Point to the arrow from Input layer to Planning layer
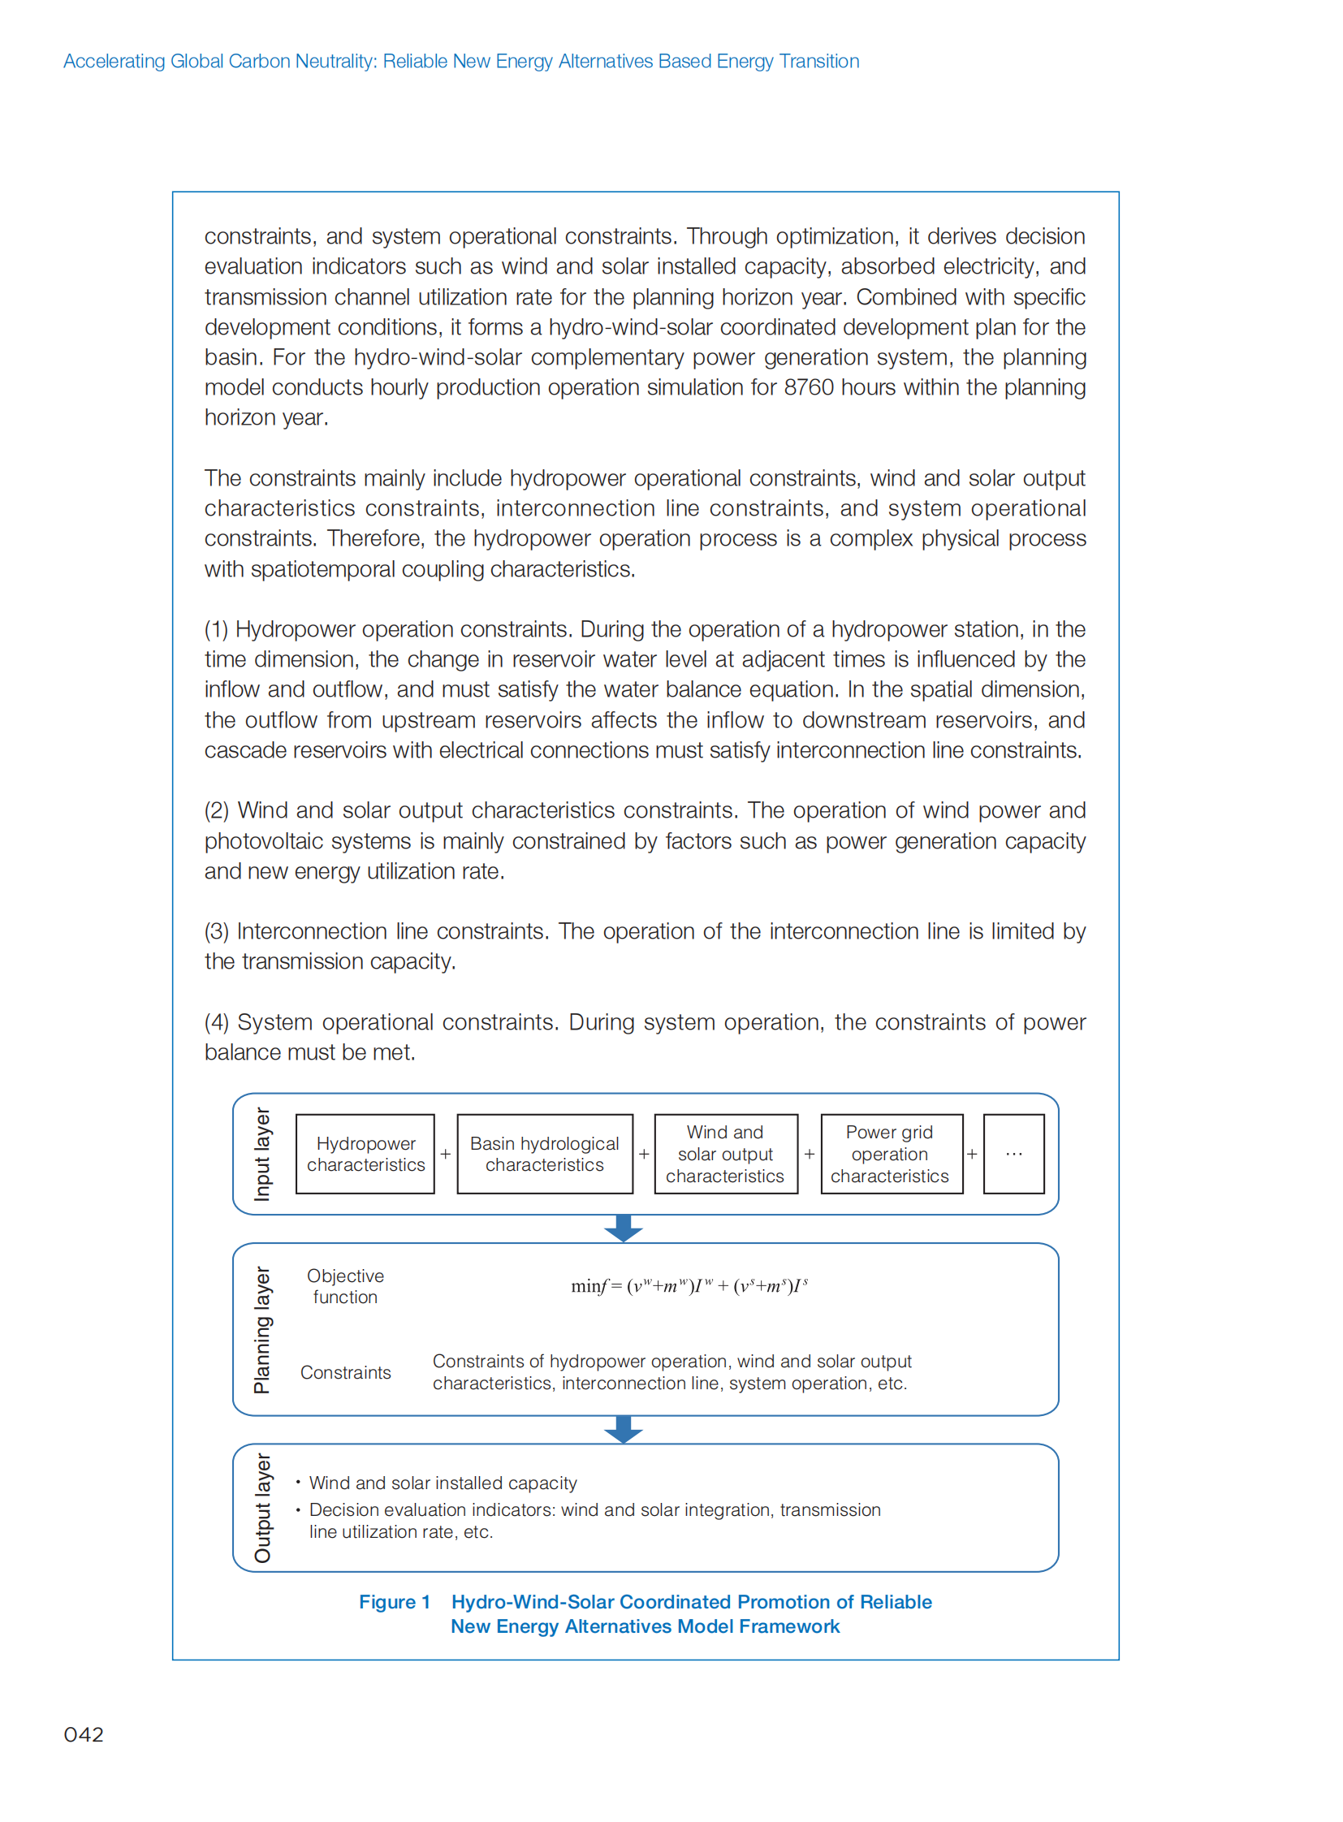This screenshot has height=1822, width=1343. pyautogui.click(x=624, y=1228)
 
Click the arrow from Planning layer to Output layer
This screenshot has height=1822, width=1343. pyautogui.click(x=624, y=1428)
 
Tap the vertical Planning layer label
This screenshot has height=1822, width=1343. pyautogui.click(x=261, y=1329)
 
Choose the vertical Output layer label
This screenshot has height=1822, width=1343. pyautogui.click(x=261, y=1507)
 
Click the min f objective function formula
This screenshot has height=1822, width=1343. pyautogui.click(x=689, y=1285)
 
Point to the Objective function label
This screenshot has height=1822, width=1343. pyautogui.click(x=346, y=1285)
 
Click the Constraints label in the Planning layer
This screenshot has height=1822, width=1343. pyautogui.click(x=346, y=1372)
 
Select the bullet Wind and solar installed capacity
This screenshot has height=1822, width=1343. pyautogui.click(x=443, y=1483)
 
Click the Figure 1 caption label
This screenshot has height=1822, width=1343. pyautogui.click(x=395, y=1602)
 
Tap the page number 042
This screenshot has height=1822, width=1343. pyautogui.click(x=84, y=1734)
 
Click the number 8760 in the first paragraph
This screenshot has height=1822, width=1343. pyautogui.click(x=808, y=387)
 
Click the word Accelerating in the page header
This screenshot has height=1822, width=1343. pyautogui.click(x=114, y=61)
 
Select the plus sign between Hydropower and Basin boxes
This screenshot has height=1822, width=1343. pyautogui.click(x=446, y=1154)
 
